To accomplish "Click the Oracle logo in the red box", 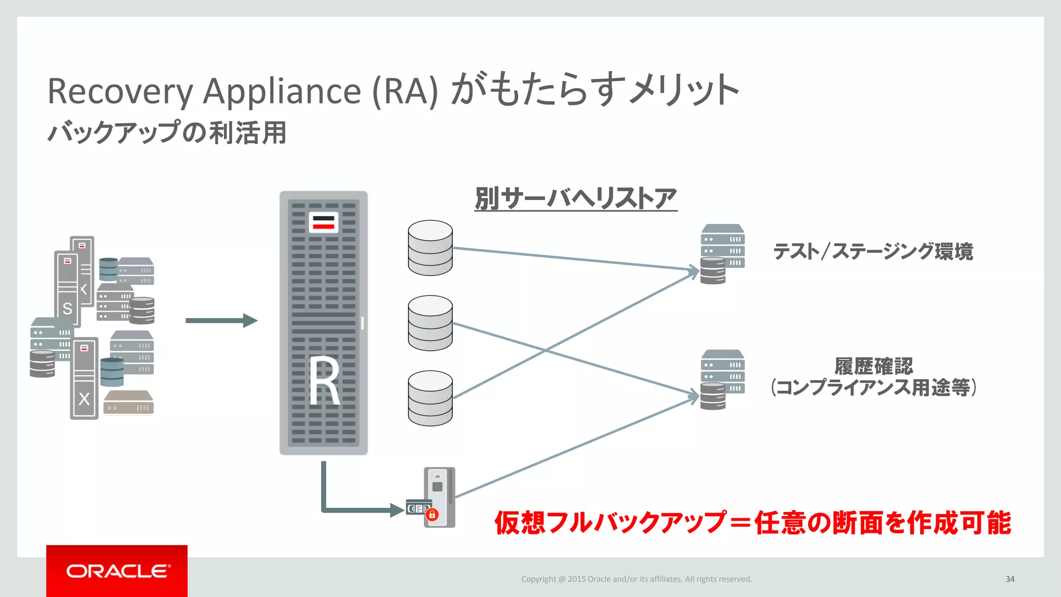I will pos(117,571).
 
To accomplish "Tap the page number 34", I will pos(1010,579).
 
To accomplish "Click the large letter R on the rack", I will pos(325,382).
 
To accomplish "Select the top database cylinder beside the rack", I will pos(430,248).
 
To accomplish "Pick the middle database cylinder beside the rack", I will pos(430,323).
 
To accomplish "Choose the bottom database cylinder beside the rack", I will pos(430,398).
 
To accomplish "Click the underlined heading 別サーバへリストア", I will pos(576,198).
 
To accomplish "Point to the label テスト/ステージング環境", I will pos(873,251).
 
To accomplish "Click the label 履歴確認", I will pos(873,366).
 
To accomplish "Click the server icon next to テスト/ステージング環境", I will pos(722,253).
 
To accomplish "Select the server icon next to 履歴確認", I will pos(722,379).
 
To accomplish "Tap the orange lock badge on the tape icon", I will pos(432,515).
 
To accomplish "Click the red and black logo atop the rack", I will pos(323,222).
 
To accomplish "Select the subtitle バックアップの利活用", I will pos(167,132).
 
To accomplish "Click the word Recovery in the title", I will pos(120,91).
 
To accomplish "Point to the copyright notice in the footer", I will pos(636,579).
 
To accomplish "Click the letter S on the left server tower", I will pos(67,309).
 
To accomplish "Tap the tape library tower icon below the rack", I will pos(439,496).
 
